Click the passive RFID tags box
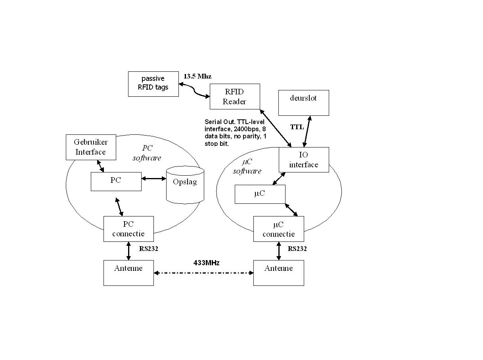pos(153,84)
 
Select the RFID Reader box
pos(234,96)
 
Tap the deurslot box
pos(303,103)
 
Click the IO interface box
pos(303,160)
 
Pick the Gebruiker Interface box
pos(91,147)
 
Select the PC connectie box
pos(128,229)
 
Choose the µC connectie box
pos(278,229)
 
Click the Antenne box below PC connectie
pos(128,273)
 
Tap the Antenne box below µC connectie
pos(278,273)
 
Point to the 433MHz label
pos(206,262)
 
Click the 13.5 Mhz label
pos(197,76)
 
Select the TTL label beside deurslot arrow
pos(297,127)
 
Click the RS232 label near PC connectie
pos(149,249)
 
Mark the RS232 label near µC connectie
pos(297,249)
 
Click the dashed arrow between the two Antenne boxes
pos(203,273)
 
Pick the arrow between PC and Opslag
pos(153,179)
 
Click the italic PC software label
pos(147,153)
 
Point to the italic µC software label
pos(247,167)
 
